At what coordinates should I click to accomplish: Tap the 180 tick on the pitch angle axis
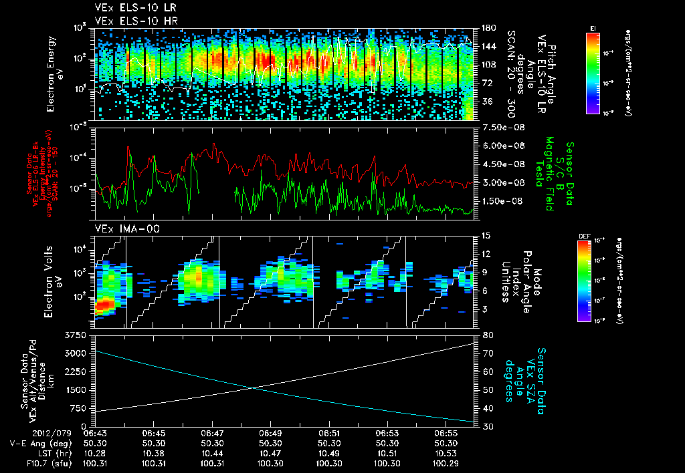coord(487,28)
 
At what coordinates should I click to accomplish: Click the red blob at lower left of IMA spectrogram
coord(104,306)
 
